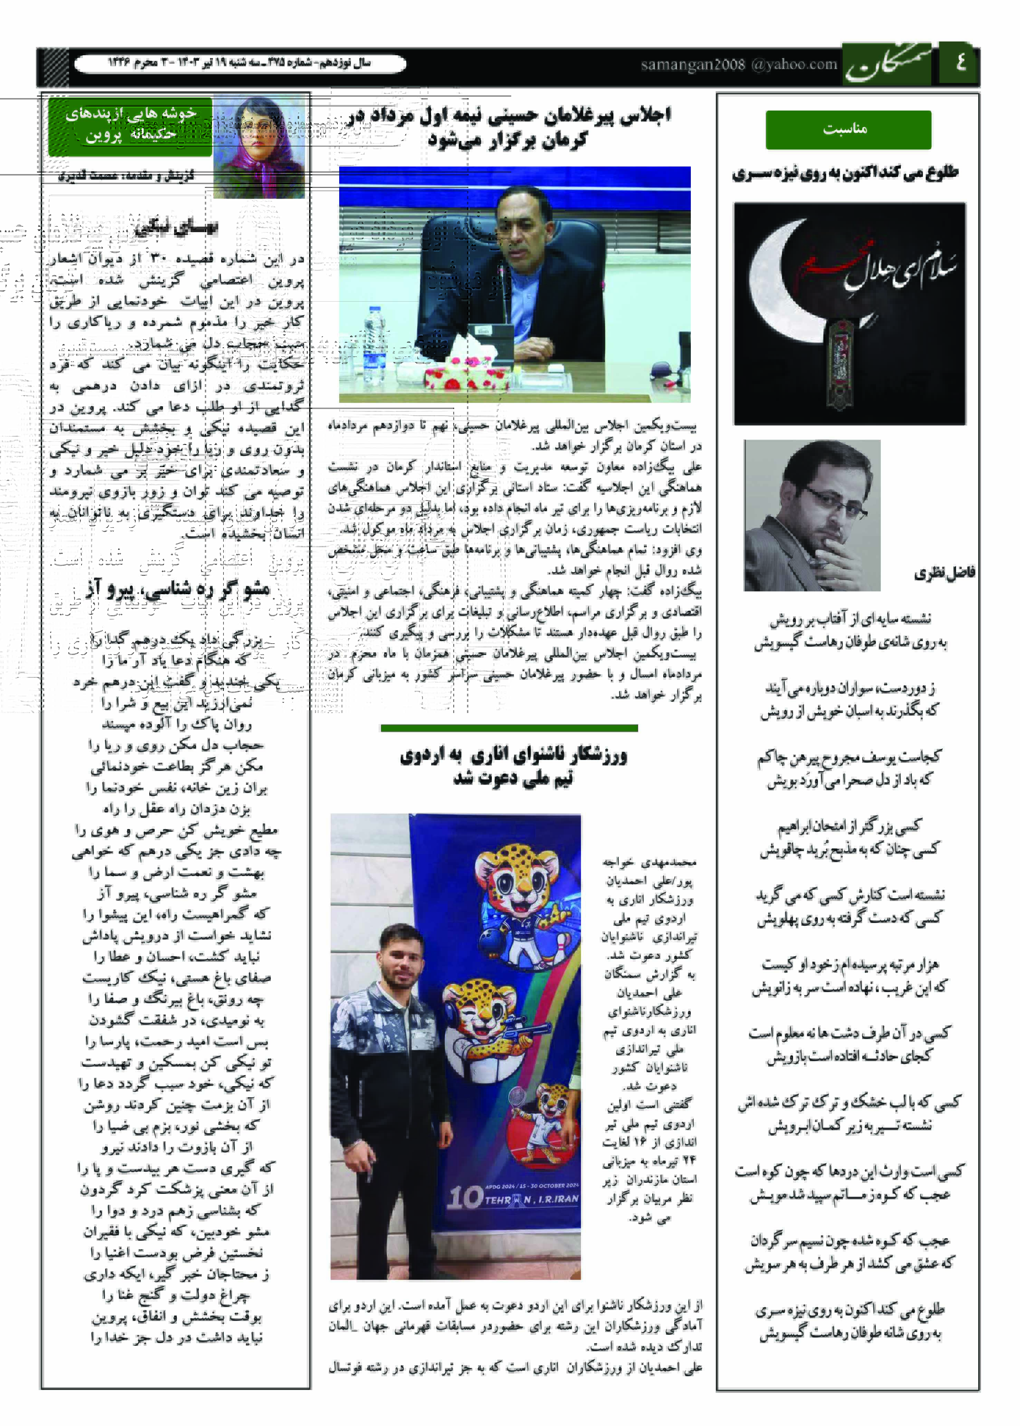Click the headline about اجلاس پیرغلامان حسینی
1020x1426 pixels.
(509, 127)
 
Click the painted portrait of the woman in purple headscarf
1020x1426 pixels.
(259, 148)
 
